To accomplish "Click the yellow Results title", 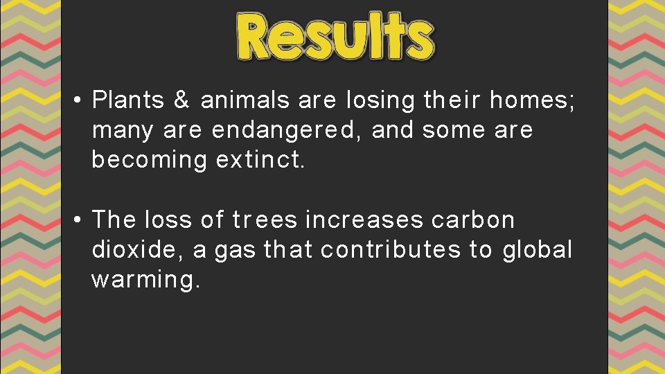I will (336, 36).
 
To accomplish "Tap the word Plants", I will (128, 101).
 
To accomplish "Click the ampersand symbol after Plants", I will (181, 101).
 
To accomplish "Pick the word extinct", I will (260, 160).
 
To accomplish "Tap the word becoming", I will (149, 160).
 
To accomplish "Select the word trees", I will (265, 220).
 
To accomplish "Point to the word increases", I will (364, 220).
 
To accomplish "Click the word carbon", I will (473, 220).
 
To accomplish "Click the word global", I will (538, 249).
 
